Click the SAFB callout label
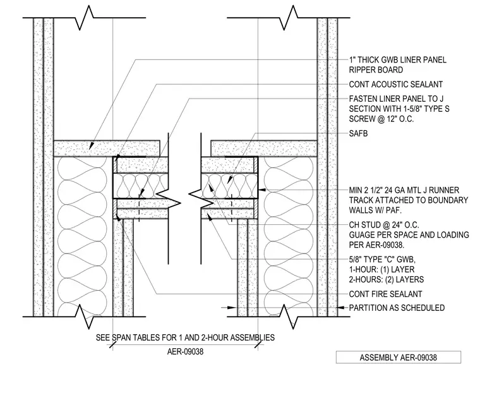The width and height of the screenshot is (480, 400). point(358,133)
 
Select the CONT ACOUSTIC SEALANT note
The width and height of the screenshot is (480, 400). point(396,84)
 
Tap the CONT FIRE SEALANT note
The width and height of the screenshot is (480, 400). point(385,294)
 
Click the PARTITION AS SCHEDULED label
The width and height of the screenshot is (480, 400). point(397,308)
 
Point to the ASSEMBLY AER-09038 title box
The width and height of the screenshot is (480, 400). point(399,357)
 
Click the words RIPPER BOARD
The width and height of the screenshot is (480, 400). point(376,70)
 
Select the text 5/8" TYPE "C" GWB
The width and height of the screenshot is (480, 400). point(382,260)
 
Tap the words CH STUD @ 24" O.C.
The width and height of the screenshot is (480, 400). point(384,225)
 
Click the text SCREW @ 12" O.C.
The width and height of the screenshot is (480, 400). point(381,119)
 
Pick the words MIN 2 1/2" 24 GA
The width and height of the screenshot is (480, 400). point(386,190)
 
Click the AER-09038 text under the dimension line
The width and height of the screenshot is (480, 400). point(185,351)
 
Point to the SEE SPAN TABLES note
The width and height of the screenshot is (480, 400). point(185,337)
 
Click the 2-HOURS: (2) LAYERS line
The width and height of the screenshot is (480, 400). point(387,279)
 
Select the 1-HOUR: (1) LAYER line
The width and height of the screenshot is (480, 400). point(381,270)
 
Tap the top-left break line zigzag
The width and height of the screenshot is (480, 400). point(84,18)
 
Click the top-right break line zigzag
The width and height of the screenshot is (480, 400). point(289,18)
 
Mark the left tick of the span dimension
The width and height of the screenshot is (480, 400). point(112,345)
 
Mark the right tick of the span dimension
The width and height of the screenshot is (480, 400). point(258,345)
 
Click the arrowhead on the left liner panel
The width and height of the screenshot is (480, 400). point(91,146)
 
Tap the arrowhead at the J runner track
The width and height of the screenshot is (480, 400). point(262,190)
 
